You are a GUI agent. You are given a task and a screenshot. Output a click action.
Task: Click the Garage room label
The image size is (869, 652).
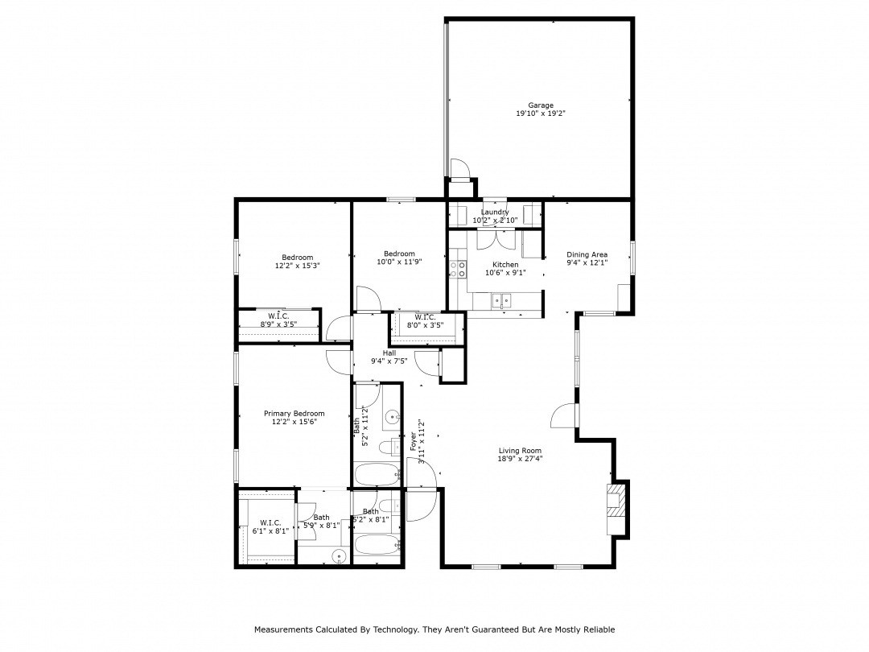point(541,105)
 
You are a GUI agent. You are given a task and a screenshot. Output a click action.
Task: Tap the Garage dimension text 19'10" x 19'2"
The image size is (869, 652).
point(541,114)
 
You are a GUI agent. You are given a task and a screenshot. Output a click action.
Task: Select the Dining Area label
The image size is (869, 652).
point(587,254)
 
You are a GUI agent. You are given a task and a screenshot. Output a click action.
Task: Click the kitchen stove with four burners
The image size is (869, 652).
point(459,269)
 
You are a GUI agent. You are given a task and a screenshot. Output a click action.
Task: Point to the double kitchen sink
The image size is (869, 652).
point(502,301)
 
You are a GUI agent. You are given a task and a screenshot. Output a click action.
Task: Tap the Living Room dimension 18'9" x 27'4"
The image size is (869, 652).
point(519,460)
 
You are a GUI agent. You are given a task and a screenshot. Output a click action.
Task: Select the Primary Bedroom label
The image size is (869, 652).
point(294,413)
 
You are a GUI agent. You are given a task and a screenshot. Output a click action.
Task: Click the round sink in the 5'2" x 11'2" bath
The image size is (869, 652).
point(391,417)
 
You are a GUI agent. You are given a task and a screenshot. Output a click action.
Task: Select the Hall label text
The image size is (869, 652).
point(389,353)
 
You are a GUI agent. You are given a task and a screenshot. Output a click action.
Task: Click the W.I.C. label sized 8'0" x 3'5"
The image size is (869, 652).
point(425,316)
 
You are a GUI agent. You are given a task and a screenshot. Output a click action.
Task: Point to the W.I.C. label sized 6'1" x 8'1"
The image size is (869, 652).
point(270,522)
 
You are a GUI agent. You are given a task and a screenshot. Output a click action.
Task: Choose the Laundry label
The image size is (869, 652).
point(494,213)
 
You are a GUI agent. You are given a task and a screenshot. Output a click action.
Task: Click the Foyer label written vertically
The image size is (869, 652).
point(414,440)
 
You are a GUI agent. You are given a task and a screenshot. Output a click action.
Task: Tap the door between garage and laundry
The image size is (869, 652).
point(459,169)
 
